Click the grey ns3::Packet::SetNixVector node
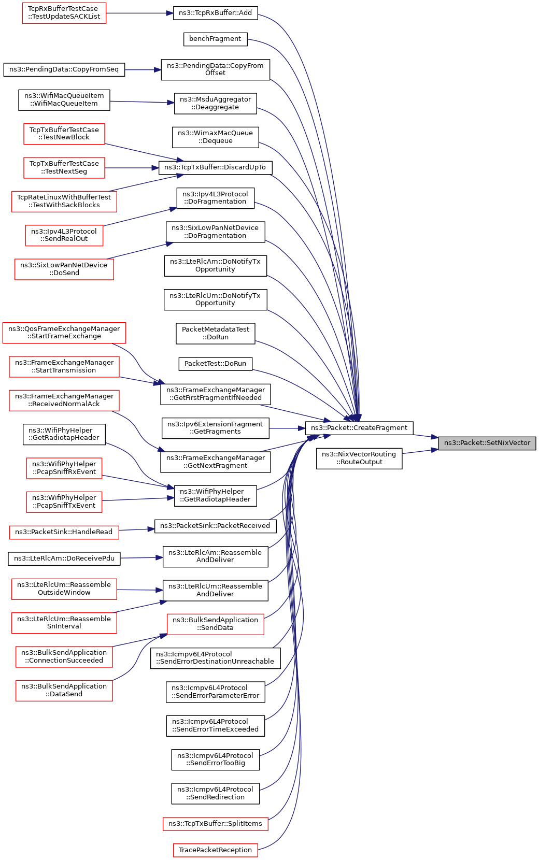tap(487, 443)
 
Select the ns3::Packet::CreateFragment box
tap(359, 428)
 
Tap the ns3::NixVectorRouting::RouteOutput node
tap(359, 458)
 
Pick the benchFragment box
tap(215, 39)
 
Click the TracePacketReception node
tap(215, 850)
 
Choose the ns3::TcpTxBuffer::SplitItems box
tap(215, 824)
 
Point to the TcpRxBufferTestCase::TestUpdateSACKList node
tap(64, 13)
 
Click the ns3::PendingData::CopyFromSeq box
tap(64, 70)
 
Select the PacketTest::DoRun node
tap(215, 364)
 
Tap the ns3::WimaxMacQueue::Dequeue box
tap(215, 137)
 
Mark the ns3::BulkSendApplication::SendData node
tap(215, 624)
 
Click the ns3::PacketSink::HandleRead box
tap(64, 532)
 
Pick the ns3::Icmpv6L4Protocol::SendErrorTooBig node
tap(215, 759)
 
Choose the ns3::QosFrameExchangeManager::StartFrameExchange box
tap(64, 333)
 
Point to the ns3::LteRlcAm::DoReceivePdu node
tap(64, 558)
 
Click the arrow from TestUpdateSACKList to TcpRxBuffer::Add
tap(139, 13)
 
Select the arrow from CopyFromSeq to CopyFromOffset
tap(143, 70)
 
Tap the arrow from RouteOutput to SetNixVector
tap(420, 452)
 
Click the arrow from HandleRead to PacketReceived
tap(136, 530)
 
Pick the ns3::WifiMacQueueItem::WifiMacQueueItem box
tap(64, 100)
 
